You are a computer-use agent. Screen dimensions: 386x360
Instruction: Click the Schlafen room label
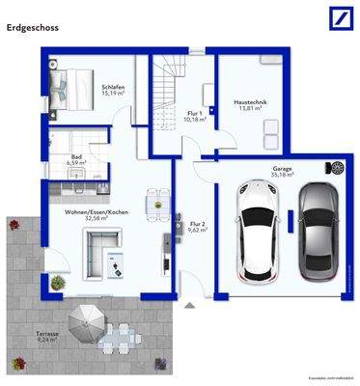pos(113,87)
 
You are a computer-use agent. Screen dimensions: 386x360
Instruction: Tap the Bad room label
pos(76,155)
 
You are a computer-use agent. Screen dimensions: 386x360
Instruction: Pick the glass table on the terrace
pos(121,335)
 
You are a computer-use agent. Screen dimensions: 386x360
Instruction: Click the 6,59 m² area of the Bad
pos(77,163)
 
